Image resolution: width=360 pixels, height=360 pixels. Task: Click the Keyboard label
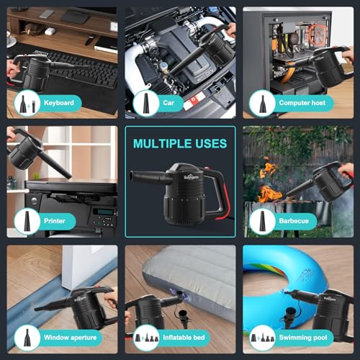pos(59,103)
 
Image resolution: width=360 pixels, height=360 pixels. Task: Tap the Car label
pos(168,103)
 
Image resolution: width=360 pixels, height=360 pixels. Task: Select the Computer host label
pos(302,103)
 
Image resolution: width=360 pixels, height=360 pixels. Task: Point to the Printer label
pos(55,221)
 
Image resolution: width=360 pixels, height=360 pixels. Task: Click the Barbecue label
pos(294,221)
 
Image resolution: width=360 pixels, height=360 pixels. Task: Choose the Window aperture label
pos(70,338)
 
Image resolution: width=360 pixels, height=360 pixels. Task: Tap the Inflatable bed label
pos(184,338)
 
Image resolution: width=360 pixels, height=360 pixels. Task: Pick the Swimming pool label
pos(303,338)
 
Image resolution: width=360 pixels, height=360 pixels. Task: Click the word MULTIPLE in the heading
pos(162,143)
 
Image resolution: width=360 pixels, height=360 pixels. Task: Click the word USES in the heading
pos(211,143)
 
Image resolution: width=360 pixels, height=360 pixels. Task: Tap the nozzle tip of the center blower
pos(132,175)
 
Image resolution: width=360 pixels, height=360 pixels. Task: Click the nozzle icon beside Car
pos(146,103)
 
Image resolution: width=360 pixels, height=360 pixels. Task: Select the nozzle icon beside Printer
pos(27,221)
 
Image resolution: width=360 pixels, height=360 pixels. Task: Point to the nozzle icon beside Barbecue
pos(262,221)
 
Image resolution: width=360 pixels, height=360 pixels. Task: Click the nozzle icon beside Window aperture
pos(27,338)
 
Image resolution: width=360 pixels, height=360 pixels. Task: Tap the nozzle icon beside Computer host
pos(262,104)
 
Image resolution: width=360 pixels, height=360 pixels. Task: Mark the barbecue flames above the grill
pos(269,181)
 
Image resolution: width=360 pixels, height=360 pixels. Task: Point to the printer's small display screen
pos(103,212)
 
